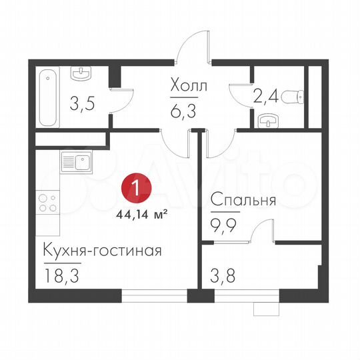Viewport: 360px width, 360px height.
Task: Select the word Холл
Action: click(189, 87)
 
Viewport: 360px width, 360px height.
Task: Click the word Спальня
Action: click(243, 199)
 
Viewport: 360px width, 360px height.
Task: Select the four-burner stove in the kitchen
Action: click(47, 203)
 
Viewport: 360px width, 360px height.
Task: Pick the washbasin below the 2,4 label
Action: click(267, 120)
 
